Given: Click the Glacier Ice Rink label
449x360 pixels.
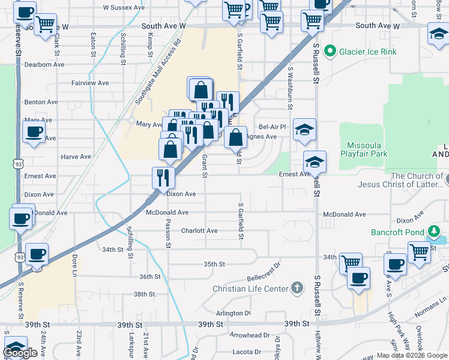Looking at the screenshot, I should point(368,52).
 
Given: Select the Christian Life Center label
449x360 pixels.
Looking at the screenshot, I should point(250,289).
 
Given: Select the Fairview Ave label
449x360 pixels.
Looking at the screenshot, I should point(90,83).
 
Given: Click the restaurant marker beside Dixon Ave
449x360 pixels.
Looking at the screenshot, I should point(163,177).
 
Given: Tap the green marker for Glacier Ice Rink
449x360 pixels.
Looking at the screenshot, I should point(329,52).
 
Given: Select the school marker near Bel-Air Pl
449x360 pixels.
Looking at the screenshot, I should point(304,129).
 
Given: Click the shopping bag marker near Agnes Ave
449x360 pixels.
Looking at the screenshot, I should point(237,137).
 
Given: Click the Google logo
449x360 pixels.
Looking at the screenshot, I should point(21,353).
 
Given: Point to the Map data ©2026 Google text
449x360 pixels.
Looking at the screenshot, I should point(411,355).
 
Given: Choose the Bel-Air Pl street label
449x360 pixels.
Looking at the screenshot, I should point(273,127).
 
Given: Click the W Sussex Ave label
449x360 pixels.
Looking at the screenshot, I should point(124,8).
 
